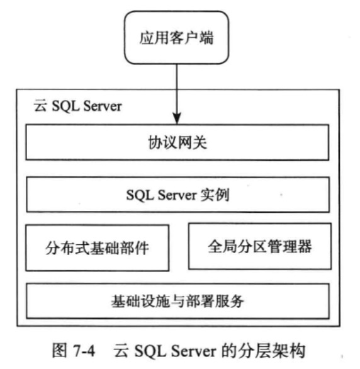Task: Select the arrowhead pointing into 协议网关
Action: (x=177, y=118)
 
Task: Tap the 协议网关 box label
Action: (x=177, y=142)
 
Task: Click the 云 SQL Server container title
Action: (x=78, y=106)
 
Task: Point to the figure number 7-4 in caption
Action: (x=84, y=351)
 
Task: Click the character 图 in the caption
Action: (x=60, y=351)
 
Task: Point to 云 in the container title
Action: (x=40, y=106)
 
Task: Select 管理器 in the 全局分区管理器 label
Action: (x=290, y=246)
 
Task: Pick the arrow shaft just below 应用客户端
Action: (x=177, y=88)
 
